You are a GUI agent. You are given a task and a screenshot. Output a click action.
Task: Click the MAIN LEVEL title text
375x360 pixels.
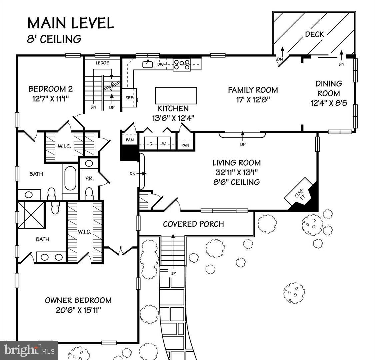70,23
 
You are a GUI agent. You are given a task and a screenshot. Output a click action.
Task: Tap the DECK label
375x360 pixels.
314,34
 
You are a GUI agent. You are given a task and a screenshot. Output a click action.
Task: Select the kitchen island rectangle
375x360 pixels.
176,96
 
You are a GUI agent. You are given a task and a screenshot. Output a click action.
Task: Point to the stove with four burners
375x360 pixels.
182,64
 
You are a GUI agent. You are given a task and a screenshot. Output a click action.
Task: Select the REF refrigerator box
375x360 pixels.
129,98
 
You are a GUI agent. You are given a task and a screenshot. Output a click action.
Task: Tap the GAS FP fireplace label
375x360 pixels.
299,194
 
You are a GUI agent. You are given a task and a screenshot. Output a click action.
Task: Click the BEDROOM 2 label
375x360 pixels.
50,89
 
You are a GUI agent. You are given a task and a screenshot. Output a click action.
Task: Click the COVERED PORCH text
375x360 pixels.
193,224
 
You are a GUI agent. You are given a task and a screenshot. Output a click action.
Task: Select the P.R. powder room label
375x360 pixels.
90,178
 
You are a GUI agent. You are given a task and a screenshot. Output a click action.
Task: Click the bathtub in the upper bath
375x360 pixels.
70,178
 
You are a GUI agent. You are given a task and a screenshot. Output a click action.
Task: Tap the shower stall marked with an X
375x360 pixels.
31,215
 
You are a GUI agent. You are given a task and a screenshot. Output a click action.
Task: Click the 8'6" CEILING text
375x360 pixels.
237,182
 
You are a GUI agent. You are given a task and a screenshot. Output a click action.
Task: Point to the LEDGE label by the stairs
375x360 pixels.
102,63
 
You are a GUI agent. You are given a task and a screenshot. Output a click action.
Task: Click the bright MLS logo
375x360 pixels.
29,350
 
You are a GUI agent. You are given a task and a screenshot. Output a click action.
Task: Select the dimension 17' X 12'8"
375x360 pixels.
253,99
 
